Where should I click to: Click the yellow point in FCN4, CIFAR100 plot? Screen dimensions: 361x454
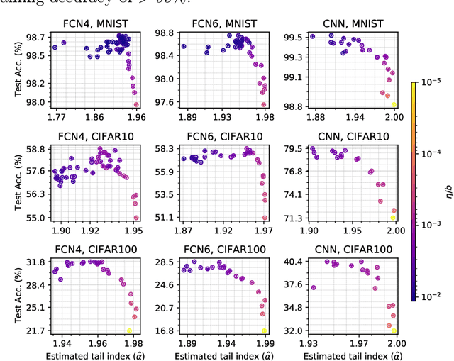pyautogui.click(x=129, y=331)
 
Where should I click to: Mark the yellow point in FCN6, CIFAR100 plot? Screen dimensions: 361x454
pyautogui.click(x=265, y=331)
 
